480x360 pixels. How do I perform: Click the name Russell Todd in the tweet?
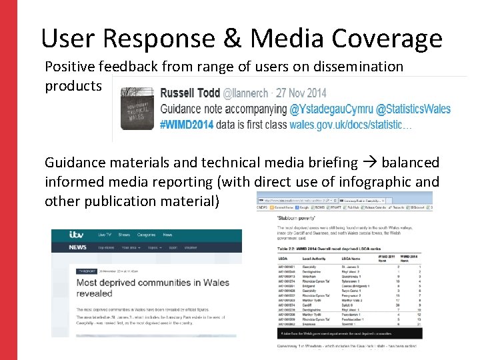pos(192,93)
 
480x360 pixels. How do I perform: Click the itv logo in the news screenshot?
pos(76,235)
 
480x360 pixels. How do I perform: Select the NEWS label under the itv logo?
pos(79,247)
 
